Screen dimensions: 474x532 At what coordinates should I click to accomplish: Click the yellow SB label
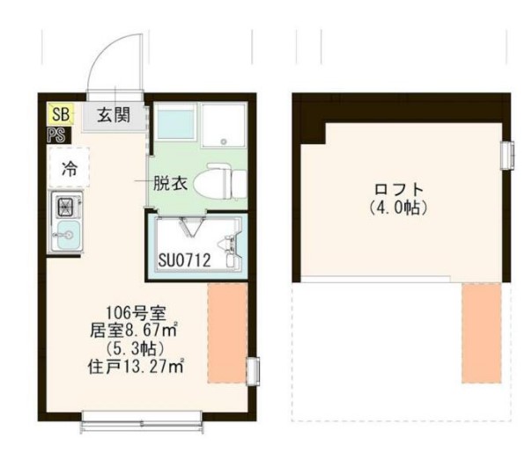click(60, 113)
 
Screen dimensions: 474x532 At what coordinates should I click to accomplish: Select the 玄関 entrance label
click(114, 113)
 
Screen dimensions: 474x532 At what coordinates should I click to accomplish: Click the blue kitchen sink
click(68, 235)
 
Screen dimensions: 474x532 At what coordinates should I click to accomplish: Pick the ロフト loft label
click(399, 189)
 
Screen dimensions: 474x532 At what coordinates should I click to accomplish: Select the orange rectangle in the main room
click(227, 332)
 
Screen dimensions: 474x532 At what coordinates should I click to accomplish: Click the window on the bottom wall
click(145, 422)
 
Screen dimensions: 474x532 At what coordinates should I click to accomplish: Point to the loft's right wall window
click(506, 154)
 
